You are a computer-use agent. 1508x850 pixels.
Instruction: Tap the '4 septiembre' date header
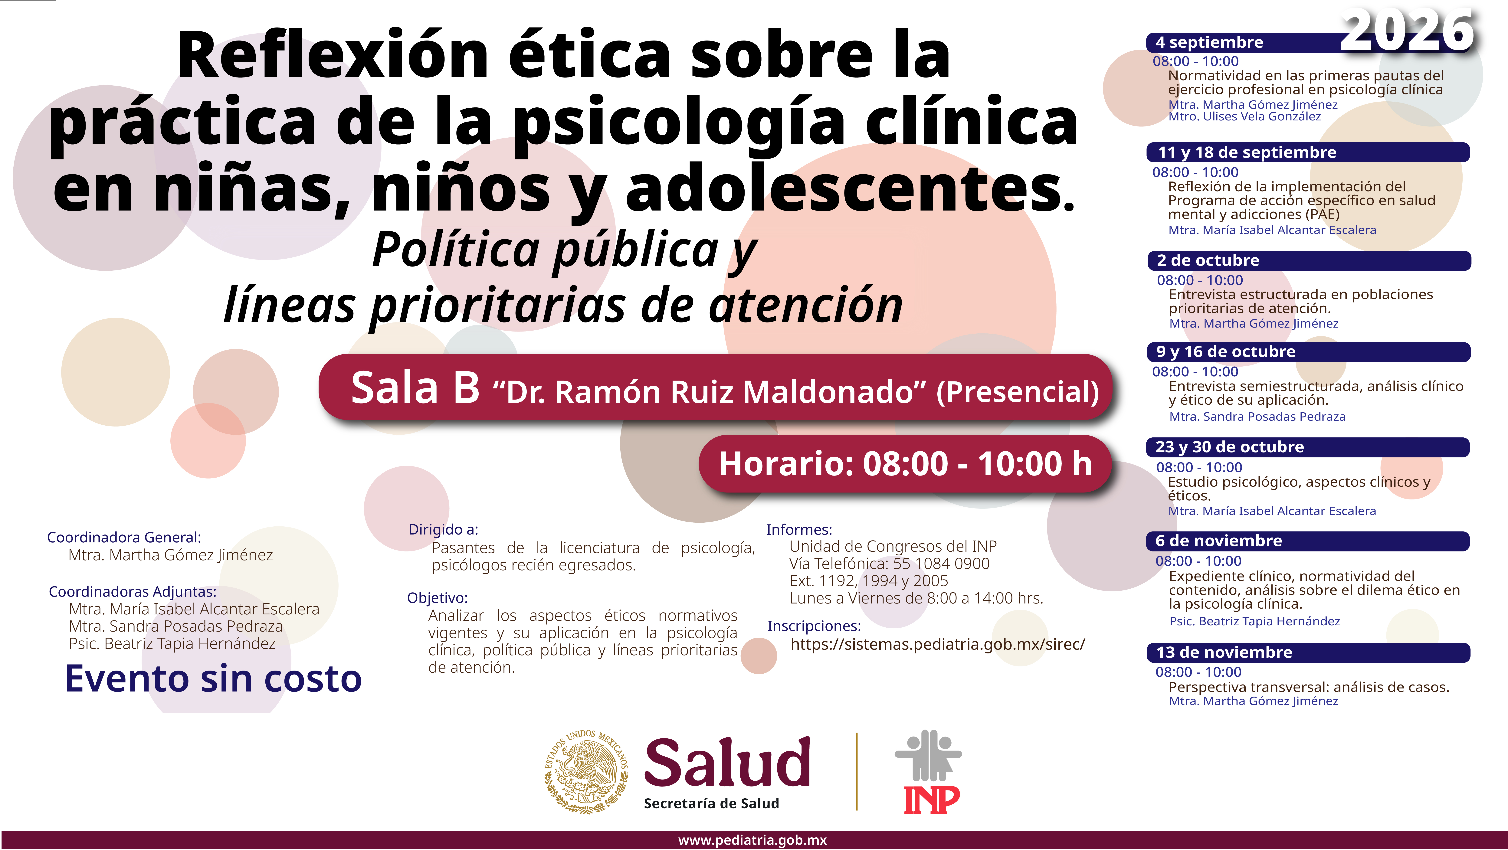(1209, 42)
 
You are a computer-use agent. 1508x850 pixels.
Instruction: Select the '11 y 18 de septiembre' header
(1247, 152)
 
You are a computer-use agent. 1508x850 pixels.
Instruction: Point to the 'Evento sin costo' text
(213, 679)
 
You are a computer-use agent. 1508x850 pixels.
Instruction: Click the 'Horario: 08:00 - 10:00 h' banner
(905, 464)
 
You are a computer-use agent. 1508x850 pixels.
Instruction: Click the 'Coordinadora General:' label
(124, 537)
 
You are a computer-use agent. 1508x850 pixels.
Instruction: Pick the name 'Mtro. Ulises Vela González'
(1244, 116)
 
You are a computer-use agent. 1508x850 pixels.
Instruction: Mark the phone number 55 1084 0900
(941, 564)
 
